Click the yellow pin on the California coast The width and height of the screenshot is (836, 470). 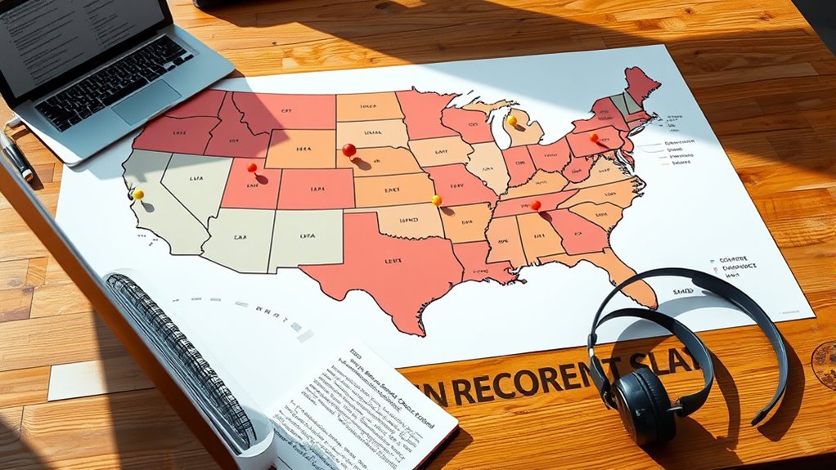tap(138, 195)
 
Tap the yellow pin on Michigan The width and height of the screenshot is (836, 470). tap(512, 120)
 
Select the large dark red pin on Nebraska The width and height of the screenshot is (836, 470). tap(349, 150)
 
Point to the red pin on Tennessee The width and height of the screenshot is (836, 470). tap(536, 205)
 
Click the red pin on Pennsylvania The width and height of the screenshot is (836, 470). tap(594, 137)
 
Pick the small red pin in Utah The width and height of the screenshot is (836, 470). tap(251, 168)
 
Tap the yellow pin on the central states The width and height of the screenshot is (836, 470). tap(437, 199)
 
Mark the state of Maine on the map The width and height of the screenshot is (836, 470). tap(642, 82)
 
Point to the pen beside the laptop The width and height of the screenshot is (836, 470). tap(16, 155)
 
